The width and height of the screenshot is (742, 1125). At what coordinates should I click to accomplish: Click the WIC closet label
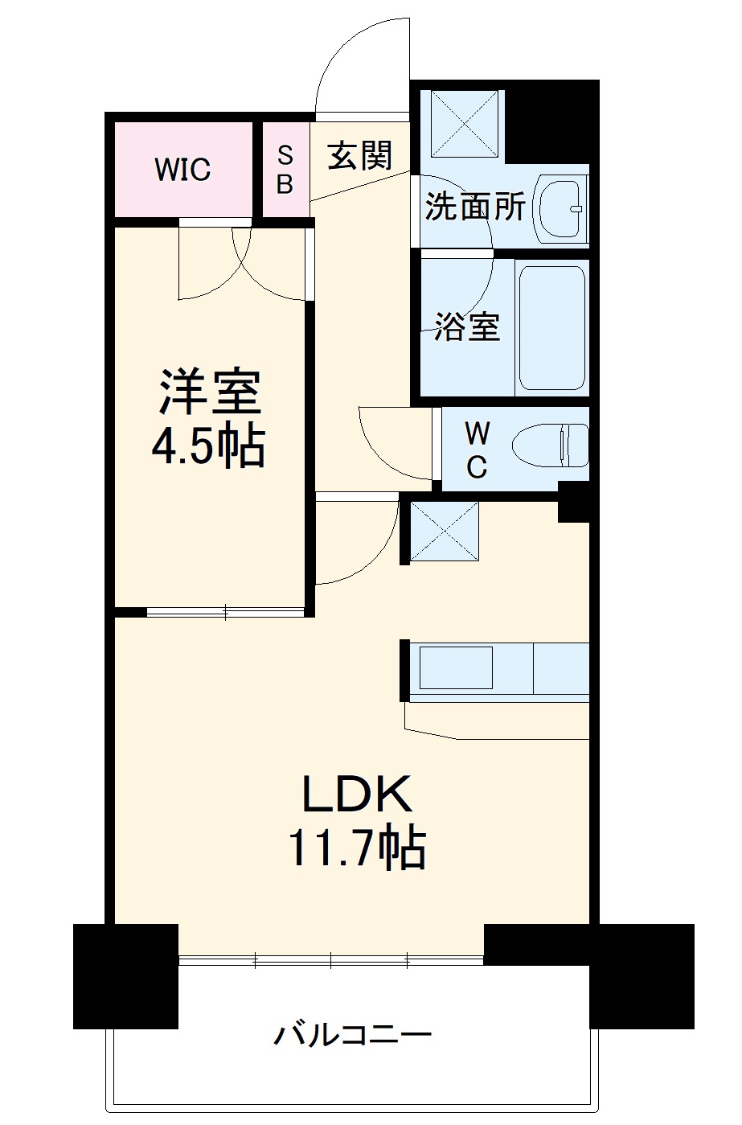point(182,170)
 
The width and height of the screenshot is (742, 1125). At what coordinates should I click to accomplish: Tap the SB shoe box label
point(285,170)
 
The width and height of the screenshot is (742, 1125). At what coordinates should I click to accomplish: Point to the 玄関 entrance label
point(359,154)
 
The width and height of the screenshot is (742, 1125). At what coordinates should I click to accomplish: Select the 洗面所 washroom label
point(474,207)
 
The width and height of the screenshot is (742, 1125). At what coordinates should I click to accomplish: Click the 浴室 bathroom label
point(466,326)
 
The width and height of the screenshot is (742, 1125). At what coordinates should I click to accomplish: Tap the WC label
point(477,450)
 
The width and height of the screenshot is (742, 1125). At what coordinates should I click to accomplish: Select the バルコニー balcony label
point(354,1034)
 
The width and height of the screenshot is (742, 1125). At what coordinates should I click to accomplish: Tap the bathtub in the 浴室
point(551,327)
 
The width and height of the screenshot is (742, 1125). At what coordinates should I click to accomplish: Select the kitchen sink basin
point(456,667)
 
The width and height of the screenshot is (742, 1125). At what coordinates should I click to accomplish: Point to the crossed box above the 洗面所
point(465,123)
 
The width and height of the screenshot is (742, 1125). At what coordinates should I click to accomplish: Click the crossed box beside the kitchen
point(445,531)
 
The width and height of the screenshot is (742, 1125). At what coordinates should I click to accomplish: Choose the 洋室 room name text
point(208,392)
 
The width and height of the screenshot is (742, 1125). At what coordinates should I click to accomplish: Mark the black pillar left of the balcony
point(125,975)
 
